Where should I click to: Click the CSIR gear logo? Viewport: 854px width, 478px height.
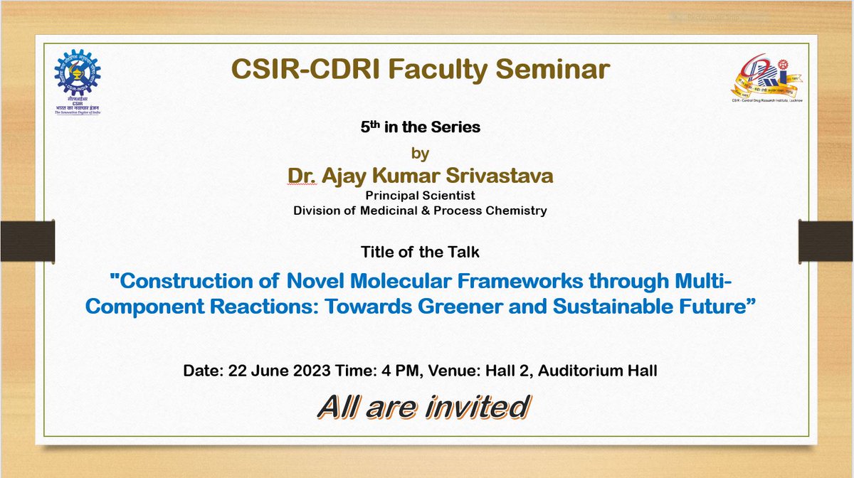77,75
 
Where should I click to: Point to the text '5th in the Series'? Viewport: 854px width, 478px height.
420,129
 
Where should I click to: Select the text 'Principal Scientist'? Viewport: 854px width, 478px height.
420,195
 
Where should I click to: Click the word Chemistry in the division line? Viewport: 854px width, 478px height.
511,210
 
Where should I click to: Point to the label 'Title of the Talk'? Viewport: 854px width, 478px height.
420,251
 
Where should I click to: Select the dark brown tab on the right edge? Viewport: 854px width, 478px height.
827,240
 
